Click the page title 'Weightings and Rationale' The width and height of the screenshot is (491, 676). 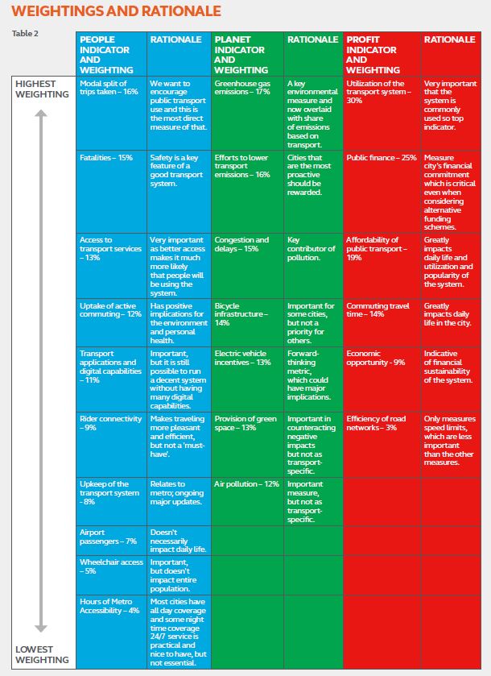pos(117,11)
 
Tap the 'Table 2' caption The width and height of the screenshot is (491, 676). pos(25,33)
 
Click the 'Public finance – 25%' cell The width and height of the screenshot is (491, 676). pos(382,158)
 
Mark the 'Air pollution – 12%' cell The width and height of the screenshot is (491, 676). pos(246,484)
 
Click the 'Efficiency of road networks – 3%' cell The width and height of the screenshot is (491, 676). pos(378,423)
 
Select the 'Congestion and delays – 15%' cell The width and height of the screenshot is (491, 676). pos(241,244)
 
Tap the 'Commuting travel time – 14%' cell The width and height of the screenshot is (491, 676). pos(376,310)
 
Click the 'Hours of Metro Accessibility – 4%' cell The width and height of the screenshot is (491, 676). pos(111,605)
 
